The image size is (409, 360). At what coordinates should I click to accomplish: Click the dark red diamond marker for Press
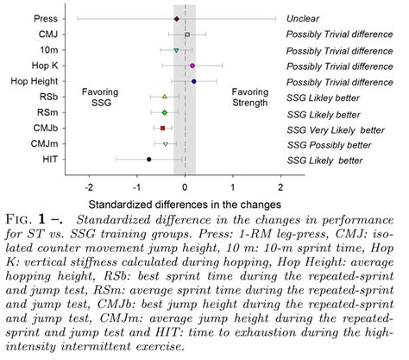click(177, 18)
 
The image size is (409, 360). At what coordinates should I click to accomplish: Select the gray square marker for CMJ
click(187, 35)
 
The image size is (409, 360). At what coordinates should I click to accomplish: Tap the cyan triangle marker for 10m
click(176, 50)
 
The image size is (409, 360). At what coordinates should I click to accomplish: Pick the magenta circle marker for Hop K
click(192, 66)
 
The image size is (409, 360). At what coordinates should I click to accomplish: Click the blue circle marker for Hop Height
click(194, 81)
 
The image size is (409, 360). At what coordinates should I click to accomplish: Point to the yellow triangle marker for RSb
click(164, 98)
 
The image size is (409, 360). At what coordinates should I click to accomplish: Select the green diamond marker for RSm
click(164, 113)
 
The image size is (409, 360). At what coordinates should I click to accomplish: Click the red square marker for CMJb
click(162, 129)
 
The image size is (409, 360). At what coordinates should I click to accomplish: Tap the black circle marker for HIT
click(148, 160)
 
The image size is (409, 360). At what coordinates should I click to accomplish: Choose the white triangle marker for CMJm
click(166, 144)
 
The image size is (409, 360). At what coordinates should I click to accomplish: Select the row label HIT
click(50, 160)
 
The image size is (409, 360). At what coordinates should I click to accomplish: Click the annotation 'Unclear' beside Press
click(305, 18)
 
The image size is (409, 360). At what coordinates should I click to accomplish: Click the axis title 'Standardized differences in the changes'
click(185, 205)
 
